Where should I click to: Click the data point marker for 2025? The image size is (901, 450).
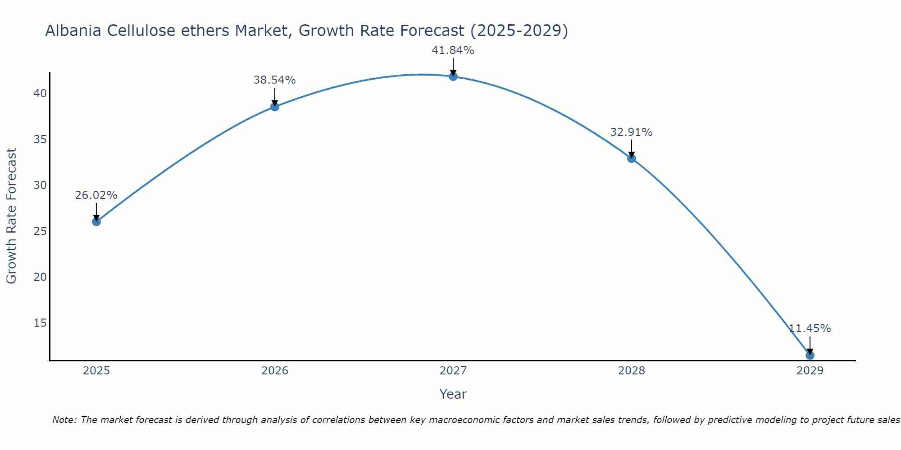(96, 222)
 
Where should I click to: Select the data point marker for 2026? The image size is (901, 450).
(275, 107)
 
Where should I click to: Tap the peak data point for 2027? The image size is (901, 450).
(453, 76)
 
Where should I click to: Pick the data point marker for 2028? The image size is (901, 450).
(632, 158)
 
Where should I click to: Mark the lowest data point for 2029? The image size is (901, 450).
(810, 355)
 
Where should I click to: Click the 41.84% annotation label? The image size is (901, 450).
(453, 50)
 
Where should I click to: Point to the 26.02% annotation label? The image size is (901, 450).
(96, 195)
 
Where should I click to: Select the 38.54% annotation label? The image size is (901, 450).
(274, 80)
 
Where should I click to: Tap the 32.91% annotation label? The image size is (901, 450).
(631, 132)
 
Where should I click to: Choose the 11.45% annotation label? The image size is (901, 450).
(810, 328)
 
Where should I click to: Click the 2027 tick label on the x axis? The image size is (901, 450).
(453, 371)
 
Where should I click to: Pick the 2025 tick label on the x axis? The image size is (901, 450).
(96, 371)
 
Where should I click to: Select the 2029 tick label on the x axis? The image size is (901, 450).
(810, 371)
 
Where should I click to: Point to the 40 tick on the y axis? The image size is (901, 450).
(40, 94)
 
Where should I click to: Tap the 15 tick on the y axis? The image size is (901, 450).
(40, 323)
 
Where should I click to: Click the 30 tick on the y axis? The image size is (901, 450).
(40, 185)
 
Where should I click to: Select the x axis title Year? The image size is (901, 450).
(453, 394)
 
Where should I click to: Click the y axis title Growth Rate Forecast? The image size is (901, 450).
(11, 216)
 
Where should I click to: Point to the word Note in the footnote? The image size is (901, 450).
(64, 420)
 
